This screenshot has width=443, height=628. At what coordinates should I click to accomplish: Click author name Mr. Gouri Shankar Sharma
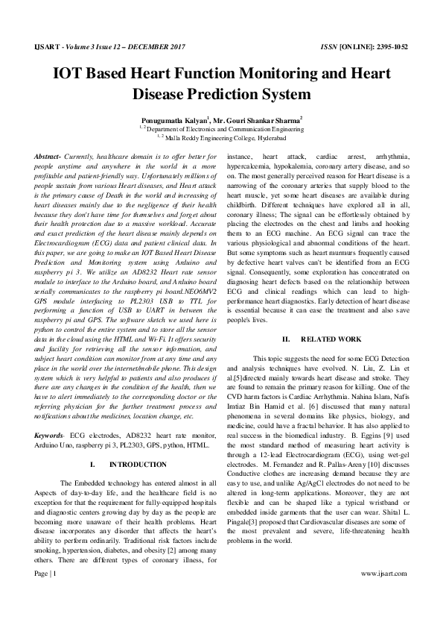pos(258,119)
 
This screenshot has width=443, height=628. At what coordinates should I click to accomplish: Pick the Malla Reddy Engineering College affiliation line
pos(222,136)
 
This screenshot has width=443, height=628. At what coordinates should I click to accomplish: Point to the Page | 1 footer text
pos(45,594)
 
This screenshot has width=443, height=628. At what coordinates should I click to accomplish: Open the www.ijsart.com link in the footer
pos(383,594)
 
